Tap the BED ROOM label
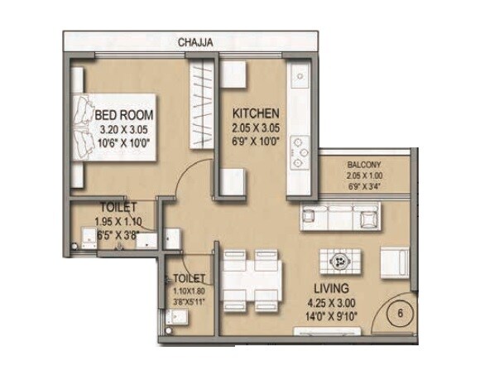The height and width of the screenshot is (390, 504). pos(122,114)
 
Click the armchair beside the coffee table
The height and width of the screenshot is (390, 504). pos(392,262)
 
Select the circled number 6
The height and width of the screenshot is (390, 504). pos(400,314)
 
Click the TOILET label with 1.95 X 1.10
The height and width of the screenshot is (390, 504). pos(116,209)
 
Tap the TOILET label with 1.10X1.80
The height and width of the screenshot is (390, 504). pos(187,279)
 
